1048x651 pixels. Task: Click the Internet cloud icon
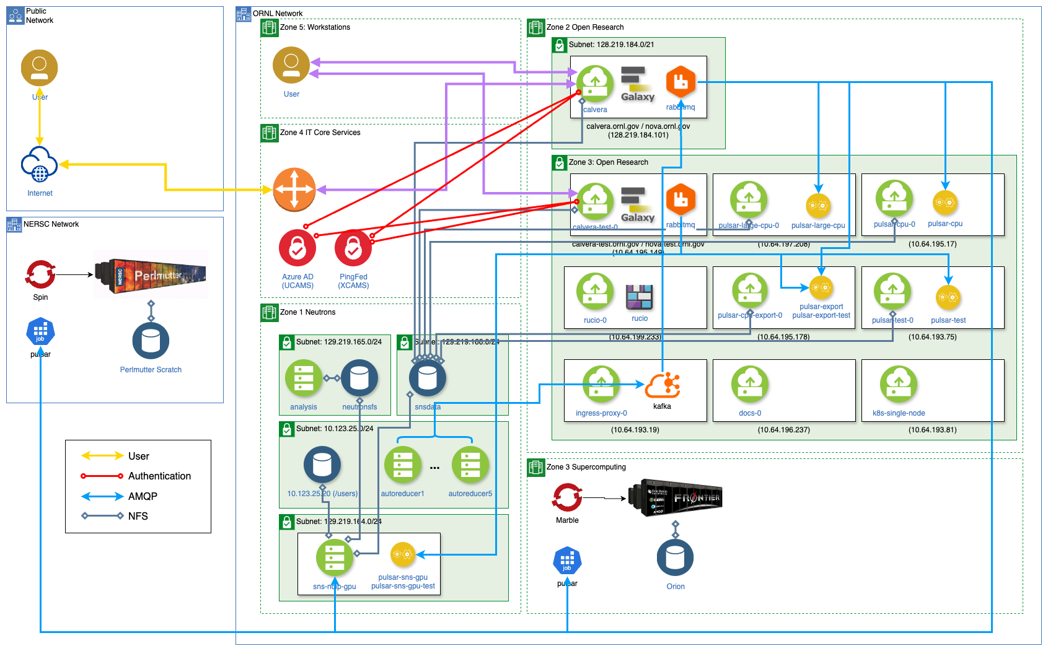click(x=40, y=165)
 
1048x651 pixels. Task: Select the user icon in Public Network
click(x=39, y=68)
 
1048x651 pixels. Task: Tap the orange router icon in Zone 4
click(x=294, y=190)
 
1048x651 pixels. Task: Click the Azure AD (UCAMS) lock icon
click(x=297, y=248)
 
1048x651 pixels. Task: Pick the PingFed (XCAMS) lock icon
click(x=353, y=248)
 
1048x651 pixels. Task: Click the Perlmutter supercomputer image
click(x=151, y=274)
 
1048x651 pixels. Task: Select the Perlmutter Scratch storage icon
click(x=151, y=341)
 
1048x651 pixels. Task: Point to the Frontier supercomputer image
click(x=675, y=497)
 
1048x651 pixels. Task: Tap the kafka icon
click(x=662, y=385)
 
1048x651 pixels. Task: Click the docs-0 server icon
click(x=750, y=384)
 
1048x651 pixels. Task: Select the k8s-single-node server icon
click(x=899, y=384)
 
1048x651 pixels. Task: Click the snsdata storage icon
click(x=428, y=378)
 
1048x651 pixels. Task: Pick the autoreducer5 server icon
click(x=470, y=465)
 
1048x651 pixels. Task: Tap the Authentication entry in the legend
click(x=159, y=476)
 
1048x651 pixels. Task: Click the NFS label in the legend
click(x=138, y=516)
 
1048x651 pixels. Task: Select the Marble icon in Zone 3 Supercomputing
click(x=567, y=497)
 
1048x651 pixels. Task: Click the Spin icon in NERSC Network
click(x=40, y=274)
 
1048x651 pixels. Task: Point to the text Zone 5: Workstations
click(x=315, y=27)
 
